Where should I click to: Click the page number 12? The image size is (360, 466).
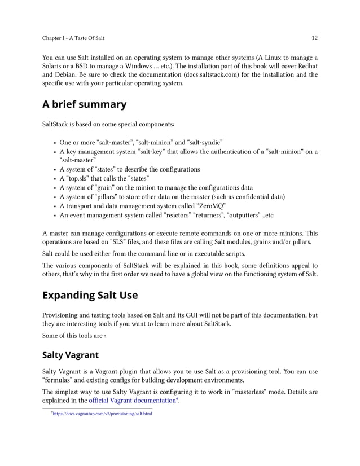tap(314, 38)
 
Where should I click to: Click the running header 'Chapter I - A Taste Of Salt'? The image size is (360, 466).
tap(73, 38)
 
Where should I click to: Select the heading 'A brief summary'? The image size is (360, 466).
tap(85, 104)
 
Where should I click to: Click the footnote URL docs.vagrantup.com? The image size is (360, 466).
tap(102, 414)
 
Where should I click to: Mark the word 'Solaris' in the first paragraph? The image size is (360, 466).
tap(56, 65)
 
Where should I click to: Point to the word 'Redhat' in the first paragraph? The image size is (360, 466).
tap(305, 65)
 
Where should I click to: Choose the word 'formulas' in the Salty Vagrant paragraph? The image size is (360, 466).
tap(60, 381)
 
